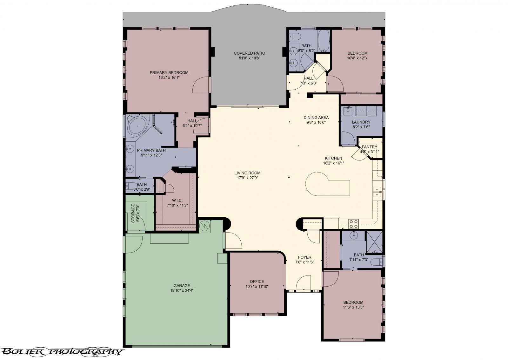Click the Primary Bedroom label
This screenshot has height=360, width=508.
point(169,72)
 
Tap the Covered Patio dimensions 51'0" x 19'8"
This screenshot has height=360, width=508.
point(249,58)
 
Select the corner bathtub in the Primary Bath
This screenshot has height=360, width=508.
point(138,126)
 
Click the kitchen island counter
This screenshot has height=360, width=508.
point(327,185)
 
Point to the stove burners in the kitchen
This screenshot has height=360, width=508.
point(353,224)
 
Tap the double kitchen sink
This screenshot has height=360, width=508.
point(377,192)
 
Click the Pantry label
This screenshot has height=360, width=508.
point(369,147)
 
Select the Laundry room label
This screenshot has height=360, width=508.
point(361,122)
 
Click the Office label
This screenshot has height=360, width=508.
point(257,282)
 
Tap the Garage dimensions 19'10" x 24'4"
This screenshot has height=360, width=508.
point(182,290)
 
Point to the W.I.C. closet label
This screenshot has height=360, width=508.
point(177,200)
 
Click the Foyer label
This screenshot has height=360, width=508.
point(304,257)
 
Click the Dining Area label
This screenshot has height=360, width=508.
point(316,117)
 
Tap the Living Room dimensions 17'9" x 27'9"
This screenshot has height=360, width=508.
point(247,178)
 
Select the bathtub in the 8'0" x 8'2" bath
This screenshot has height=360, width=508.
point(324,41)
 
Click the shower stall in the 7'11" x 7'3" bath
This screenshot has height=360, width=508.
point(374,242)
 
